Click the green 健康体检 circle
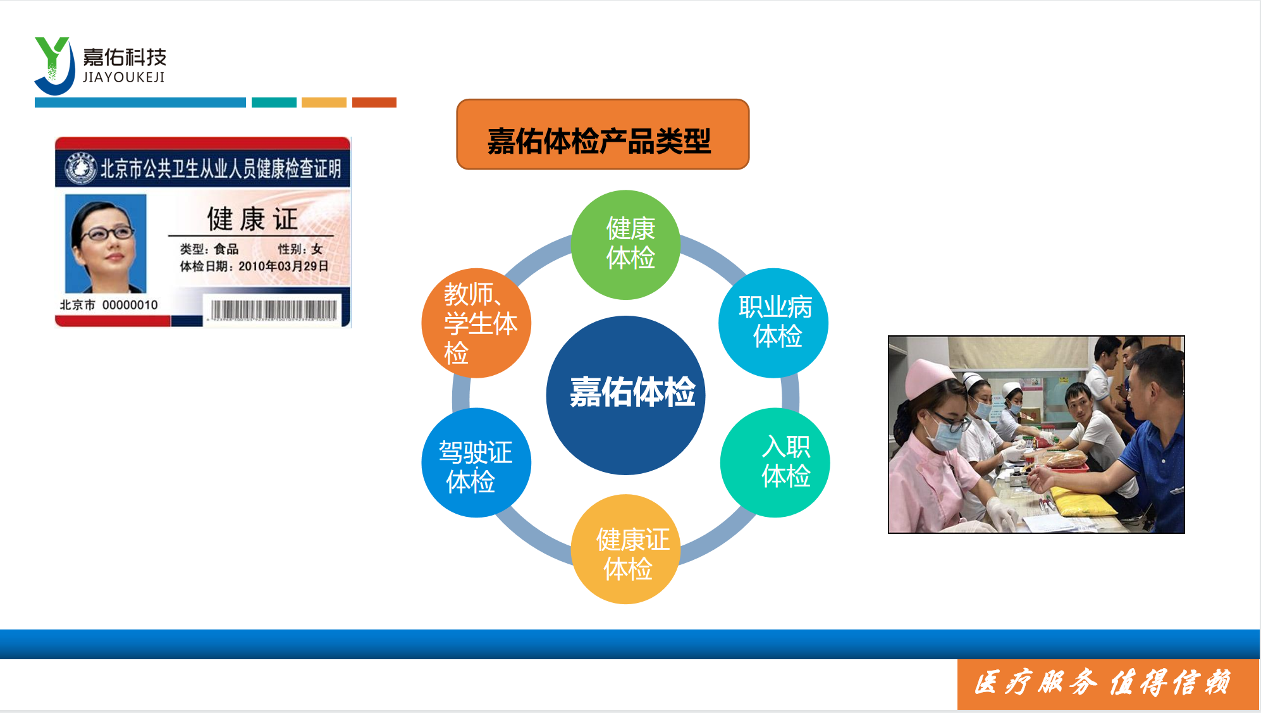coord(626,245)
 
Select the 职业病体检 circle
coord(773,323)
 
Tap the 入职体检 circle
coord(775,462)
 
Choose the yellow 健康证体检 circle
coord(626,549)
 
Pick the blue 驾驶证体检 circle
coord(476,462)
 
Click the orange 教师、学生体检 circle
coord(476,323)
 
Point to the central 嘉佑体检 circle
coord(625,395)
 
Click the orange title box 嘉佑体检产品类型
coord(603,134)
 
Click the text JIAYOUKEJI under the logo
coord(124,77)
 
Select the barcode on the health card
coord(274,310)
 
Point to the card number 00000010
coord(130,305)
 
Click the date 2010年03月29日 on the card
coord(283,266)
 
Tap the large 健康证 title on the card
coord(252,219)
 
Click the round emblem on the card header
coord(80,168)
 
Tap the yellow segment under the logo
coord(324,102)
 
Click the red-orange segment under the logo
coord(374,102)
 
